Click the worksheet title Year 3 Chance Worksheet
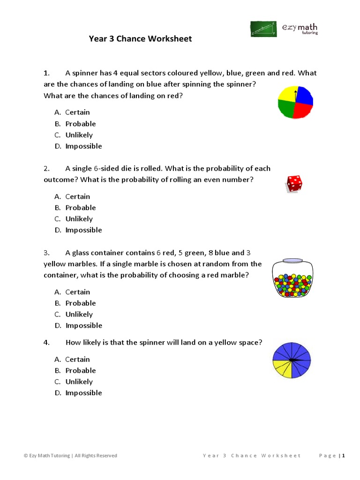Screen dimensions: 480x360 140,39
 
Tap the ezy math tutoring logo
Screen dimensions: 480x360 284,29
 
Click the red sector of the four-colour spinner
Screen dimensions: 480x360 303,111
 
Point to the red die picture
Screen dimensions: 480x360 294,183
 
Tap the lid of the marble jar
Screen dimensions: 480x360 292,260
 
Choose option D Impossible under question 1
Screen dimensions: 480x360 83,146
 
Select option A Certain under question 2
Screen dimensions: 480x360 77,196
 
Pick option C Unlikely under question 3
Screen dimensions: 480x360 79,315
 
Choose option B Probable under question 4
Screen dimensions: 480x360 80,371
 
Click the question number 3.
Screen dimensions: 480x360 46,253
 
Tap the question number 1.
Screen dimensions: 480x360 46,73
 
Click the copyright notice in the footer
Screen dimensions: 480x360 70,456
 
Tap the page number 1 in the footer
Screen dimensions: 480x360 344,456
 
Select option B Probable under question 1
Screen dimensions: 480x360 80,124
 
